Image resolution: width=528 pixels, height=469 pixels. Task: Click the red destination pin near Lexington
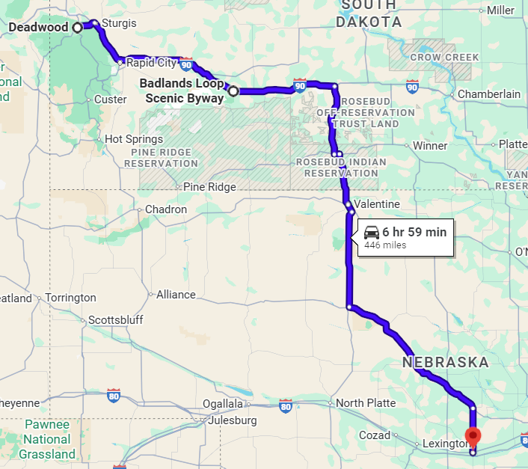[x=473, y=435]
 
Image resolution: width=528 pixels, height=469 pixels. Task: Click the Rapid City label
[x=151, y=63]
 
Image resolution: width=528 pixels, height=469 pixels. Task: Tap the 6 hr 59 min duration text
[x=414, y=232]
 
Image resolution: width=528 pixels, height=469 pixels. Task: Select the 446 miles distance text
[x=385, y=245]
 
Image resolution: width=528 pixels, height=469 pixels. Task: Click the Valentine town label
[x=378, y=204]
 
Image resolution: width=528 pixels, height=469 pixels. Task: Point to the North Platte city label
[x=366, y=403]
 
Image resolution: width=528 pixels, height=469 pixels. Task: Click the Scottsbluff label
[x=115, y=320]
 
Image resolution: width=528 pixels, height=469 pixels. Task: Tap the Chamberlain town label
[x=489, y=94]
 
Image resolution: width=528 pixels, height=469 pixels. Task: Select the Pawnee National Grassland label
[x=47, y=439]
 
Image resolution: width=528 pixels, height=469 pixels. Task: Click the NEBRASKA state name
[x=446, y=363]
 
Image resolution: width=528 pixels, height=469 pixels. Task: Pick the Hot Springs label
[x=134, y=139]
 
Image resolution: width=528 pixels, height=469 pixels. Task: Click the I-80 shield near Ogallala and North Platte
[x=285, y=406]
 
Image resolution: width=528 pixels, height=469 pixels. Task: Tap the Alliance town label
[x=176, y=295]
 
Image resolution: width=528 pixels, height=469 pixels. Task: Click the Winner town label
[x=430, y=146]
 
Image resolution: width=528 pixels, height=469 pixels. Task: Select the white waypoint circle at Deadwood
[x=78, y=28]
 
